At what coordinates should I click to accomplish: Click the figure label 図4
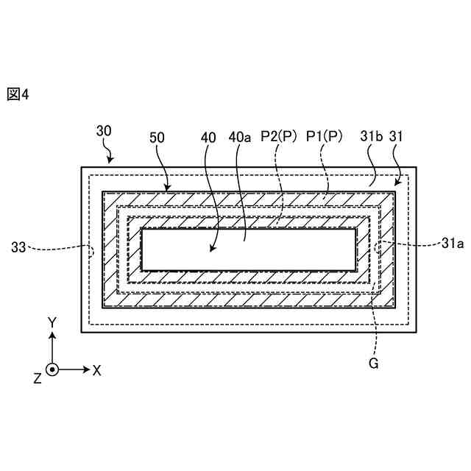[18, 94]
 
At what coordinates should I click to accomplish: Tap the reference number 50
[157, 137]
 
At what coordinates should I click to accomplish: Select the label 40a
[240, 137]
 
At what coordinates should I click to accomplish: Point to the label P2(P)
[279, 137]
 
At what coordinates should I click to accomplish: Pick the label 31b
[371, 137]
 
